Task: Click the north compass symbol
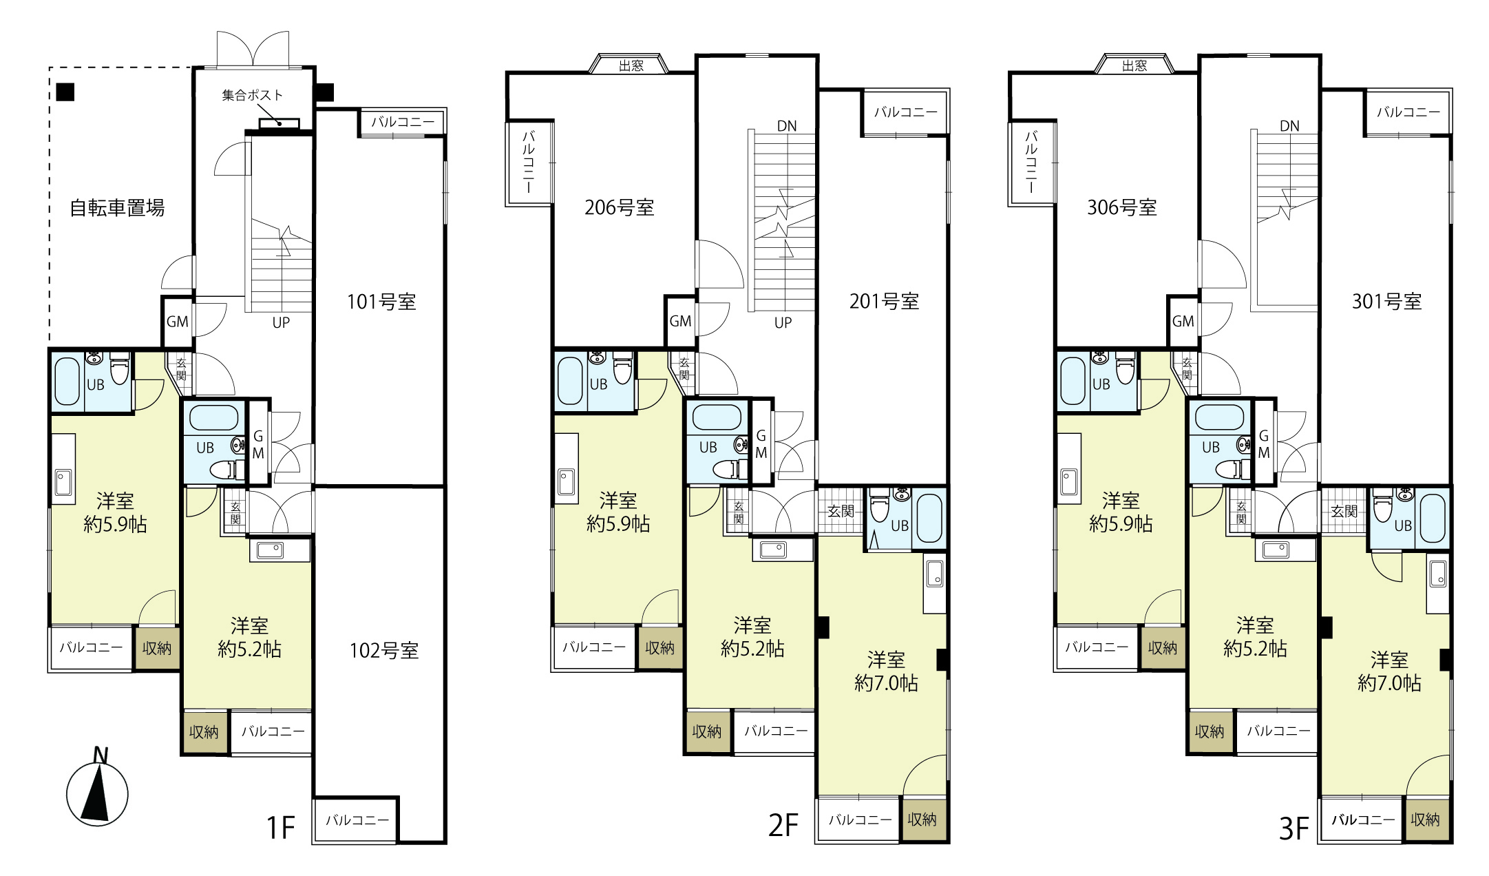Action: tap(97, 789)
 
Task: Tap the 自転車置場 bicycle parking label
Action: tap(117, 207)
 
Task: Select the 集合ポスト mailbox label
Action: tap(252, 95)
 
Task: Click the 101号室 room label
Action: tap(381, 301)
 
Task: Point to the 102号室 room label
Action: tap(384, 650)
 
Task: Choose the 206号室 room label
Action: tap(620, 207)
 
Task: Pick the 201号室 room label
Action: tap(884, 301)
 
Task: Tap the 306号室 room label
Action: tap(1122, 207)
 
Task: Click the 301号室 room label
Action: tap(1386, 301)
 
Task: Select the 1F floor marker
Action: tap(280, 827)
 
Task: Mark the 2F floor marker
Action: tap(783, 825)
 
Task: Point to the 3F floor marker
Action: tap(1293, 828)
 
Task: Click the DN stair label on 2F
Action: tap(787, 126)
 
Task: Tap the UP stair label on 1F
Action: tap(281, 322)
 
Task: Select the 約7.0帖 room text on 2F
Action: tap(886, 682)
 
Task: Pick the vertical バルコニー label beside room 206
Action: tap(529, 163)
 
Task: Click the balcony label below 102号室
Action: tap(357, 820)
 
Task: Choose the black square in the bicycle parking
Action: tap(65, 92)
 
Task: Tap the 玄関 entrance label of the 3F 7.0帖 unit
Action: tap(1344, 511)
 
